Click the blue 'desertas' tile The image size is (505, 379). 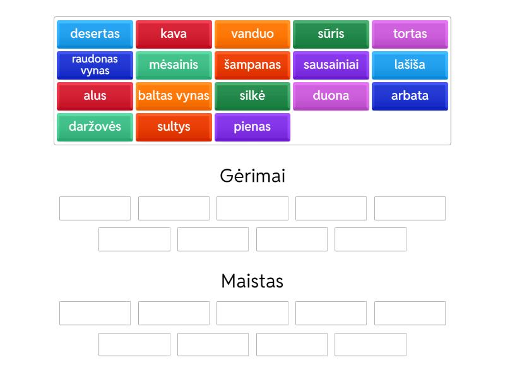(95, 34)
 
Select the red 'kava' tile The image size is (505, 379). (174, 34)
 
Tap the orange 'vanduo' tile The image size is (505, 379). (252, 34)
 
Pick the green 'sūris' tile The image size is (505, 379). (331, 34)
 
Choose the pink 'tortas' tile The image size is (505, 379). (410, 34)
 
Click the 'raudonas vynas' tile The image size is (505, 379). (95, 65)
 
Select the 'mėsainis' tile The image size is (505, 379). (174, 65)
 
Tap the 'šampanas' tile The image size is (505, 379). (252, 65)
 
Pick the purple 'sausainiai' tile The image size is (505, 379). (331, 65)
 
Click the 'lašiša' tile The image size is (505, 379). (410, 65)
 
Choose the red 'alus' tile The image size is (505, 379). (95, 96)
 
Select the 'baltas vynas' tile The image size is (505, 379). (174, 96)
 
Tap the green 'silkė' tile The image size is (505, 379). (252, 96)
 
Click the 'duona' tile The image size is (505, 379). (331, 96)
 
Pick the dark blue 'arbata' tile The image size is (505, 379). (410, 96)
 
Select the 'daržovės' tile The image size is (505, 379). (95, 127)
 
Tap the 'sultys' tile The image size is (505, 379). (174, 127)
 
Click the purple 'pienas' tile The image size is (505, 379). (252, 127)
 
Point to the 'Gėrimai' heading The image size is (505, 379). (252, 176)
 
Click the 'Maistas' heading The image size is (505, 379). (252, 280)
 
